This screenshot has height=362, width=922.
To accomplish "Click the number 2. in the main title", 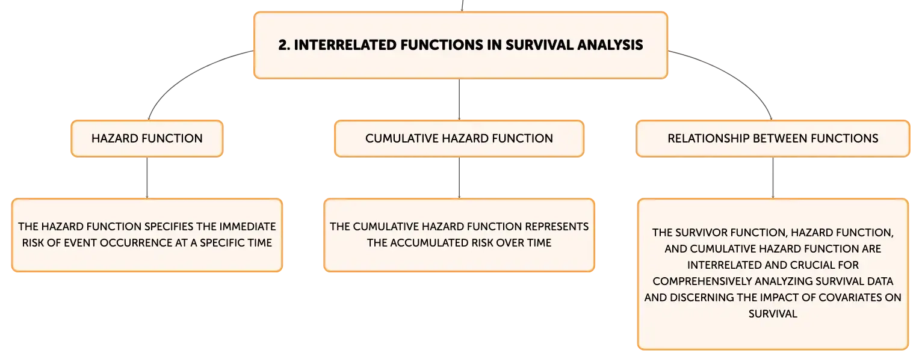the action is pyautogui.click(x=284, y=45).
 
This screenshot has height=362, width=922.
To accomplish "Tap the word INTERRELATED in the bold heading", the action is pyautogui.click(x=345, y=45).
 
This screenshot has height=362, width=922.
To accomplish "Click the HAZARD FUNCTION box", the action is pyautogui.click(x=147, y=139).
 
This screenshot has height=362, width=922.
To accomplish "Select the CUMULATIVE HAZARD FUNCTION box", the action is pyautogui.click(x=459, y=139).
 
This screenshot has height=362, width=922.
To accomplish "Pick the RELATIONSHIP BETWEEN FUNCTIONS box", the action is pyautogui.click(x=773, y=139).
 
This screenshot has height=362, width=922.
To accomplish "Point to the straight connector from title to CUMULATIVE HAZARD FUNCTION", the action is pyautogui.click(x=459, y=100).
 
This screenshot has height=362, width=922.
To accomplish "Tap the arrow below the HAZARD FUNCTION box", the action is pyautogui.click(x=147, y=178).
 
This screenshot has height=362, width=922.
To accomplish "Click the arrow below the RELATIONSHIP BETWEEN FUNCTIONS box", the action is pyautogui.click(x=773, y=178).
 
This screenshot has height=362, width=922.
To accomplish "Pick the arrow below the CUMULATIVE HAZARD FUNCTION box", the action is pyautogui.click(x=459, y=178).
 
